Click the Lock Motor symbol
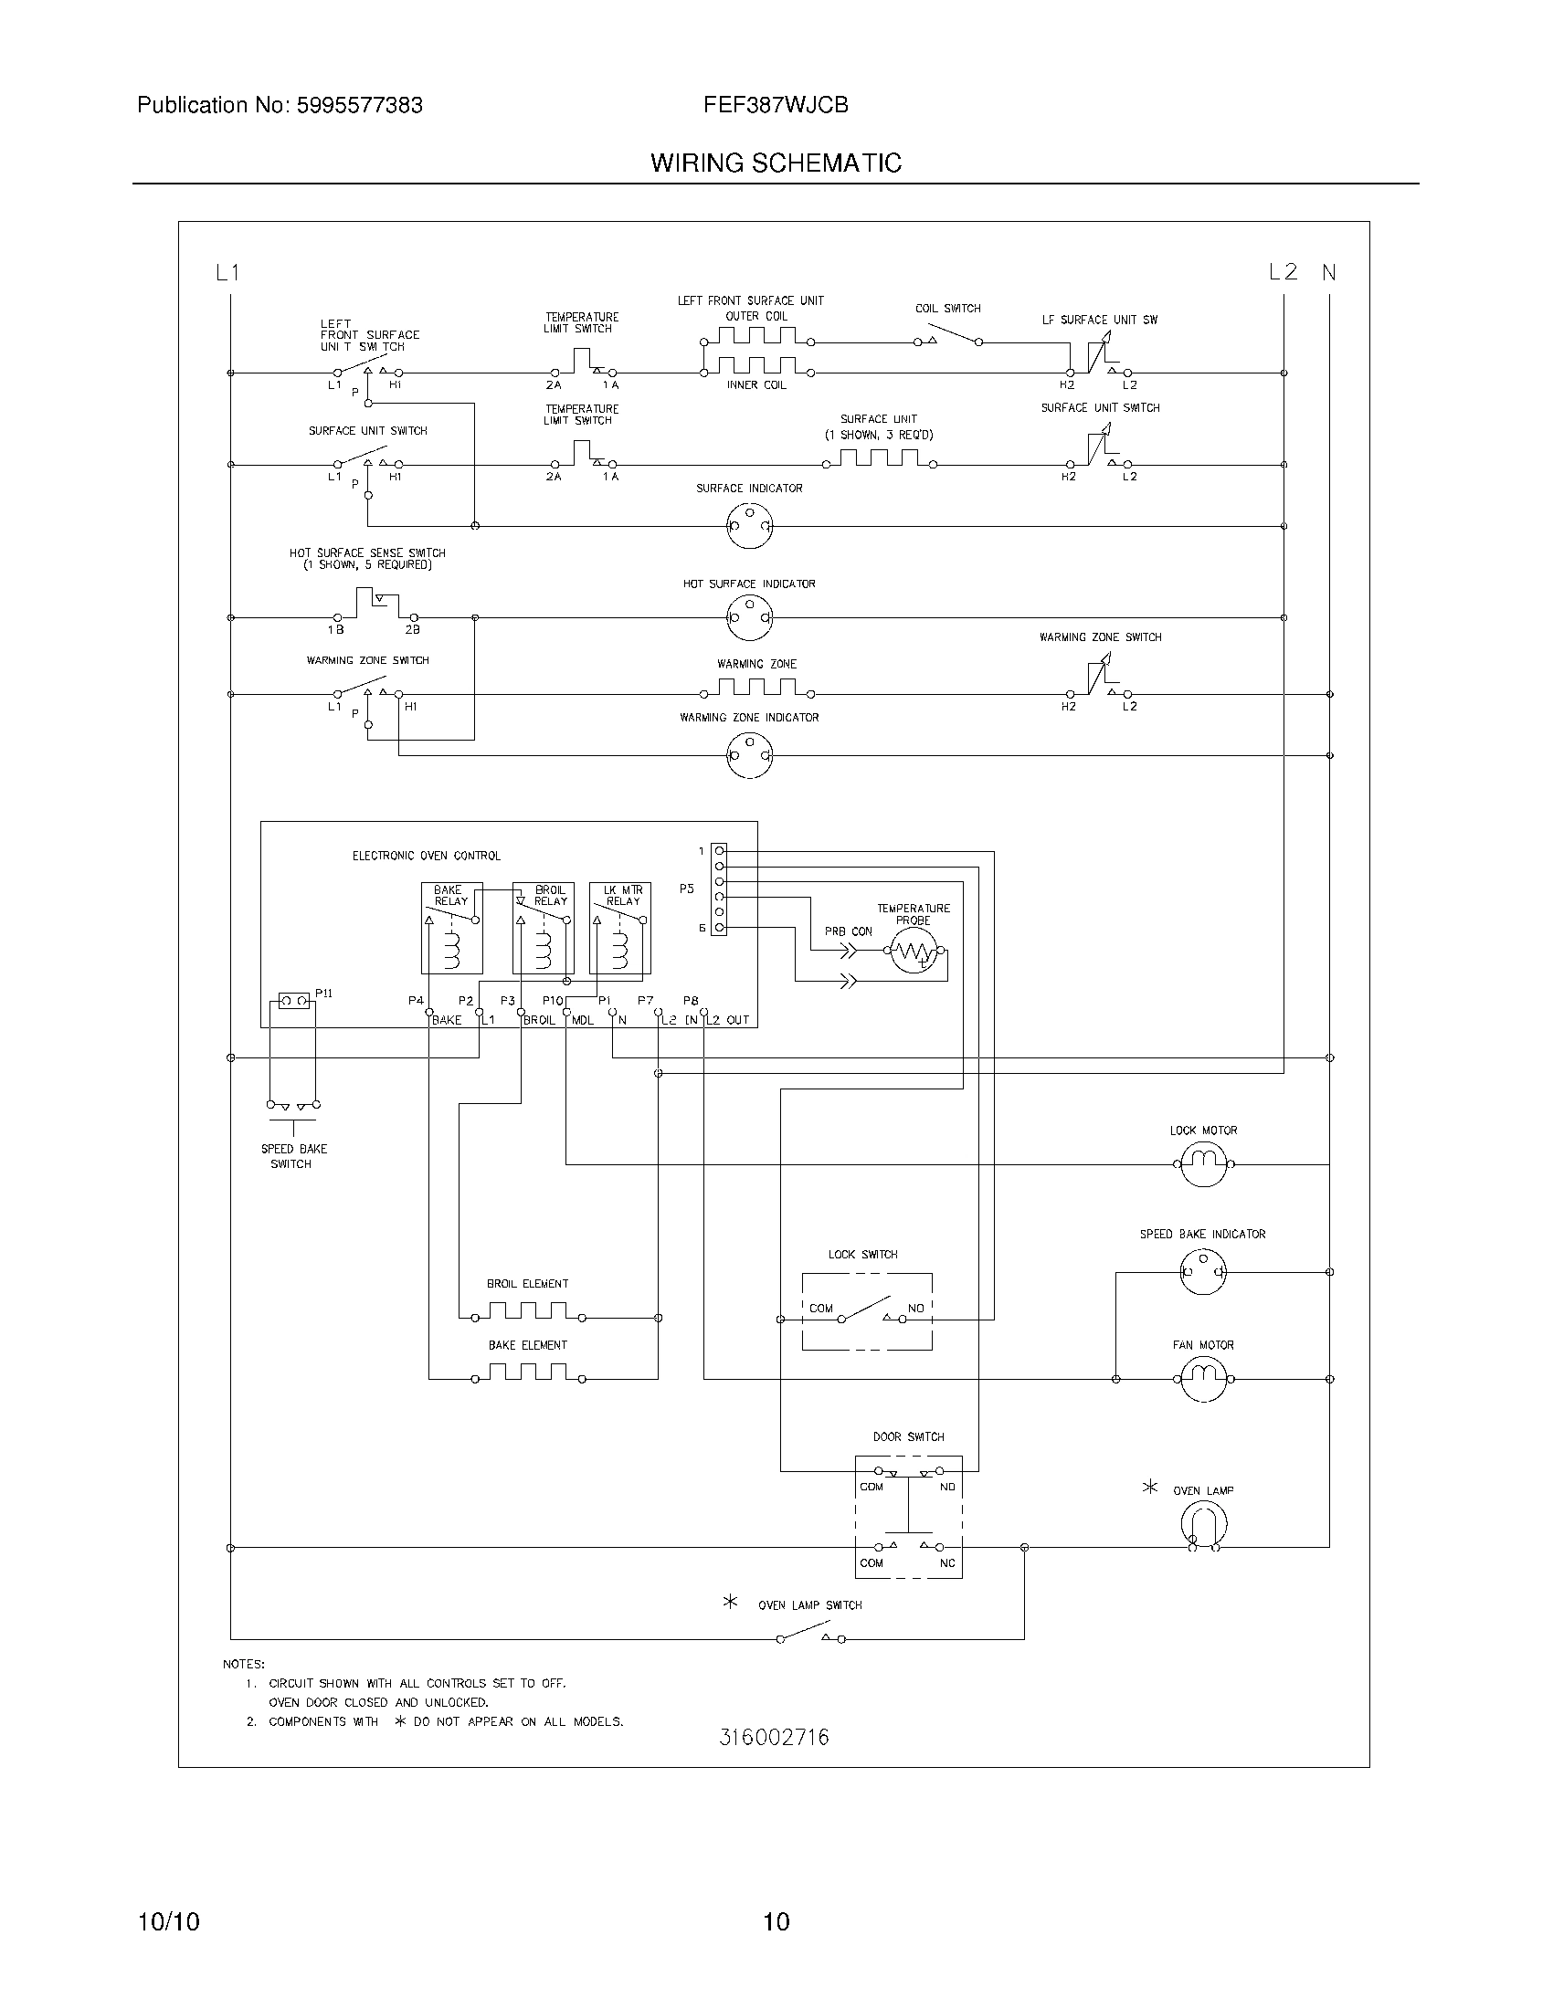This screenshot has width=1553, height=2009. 1202,1163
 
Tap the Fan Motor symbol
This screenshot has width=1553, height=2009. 1202,1378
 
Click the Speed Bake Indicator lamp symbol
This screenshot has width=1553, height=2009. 1202,1272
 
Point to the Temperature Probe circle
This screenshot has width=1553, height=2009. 914,954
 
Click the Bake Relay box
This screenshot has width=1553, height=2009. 450,927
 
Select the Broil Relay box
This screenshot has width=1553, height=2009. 543,927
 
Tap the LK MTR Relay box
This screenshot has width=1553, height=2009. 620,927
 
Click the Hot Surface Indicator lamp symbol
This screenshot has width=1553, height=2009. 749,616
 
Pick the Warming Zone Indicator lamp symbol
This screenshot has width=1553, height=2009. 749,755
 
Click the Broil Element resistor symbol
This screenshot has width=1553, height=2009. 527,1311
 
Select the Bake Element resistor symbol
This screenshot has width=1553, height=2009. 527,1373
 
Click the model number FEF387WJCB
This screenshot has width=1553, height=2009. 776,105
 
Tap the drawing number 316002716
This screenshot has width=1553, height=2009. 774,1738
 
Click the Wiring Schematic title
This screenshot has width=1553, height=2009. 776,163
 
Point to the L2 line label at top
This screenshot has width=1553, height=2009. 1283,272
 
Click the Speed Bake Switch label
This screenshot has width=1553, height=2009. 293,1156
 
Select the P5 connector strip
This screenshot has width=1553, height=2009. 720,889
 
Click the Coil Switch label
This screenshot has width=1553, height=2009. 947,308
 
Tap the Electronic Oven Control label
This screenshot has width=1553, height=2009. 426,856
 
